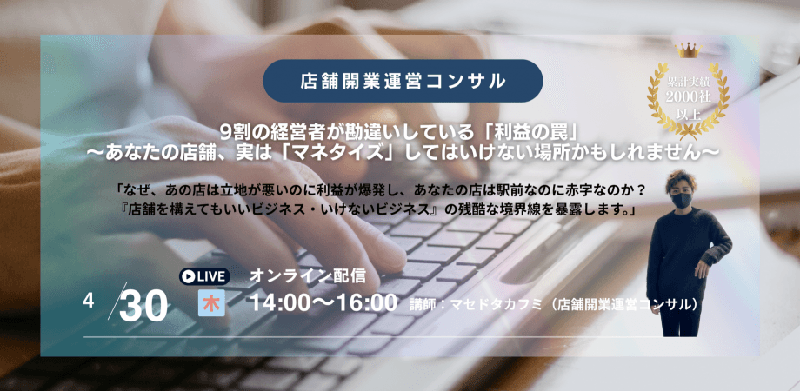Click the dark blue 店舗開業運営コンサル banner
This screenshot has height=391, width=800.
pyautogui.click(x=403, y=81)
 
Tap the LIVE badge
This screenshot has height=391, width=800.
pyautogui.click(x=205, y=276)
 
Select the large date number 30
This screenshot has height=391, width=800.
pyautogui.click(x=143, y=307)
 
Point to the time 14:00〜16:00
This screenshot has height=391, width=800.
pyautogui.click(x=323, y=303)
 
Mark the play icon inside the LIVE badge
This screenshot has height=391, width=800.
pyautogui.click(x=188, y=276)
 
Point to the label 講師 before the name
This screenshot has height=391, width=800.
pyautogui.click(x=423, y=305)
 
